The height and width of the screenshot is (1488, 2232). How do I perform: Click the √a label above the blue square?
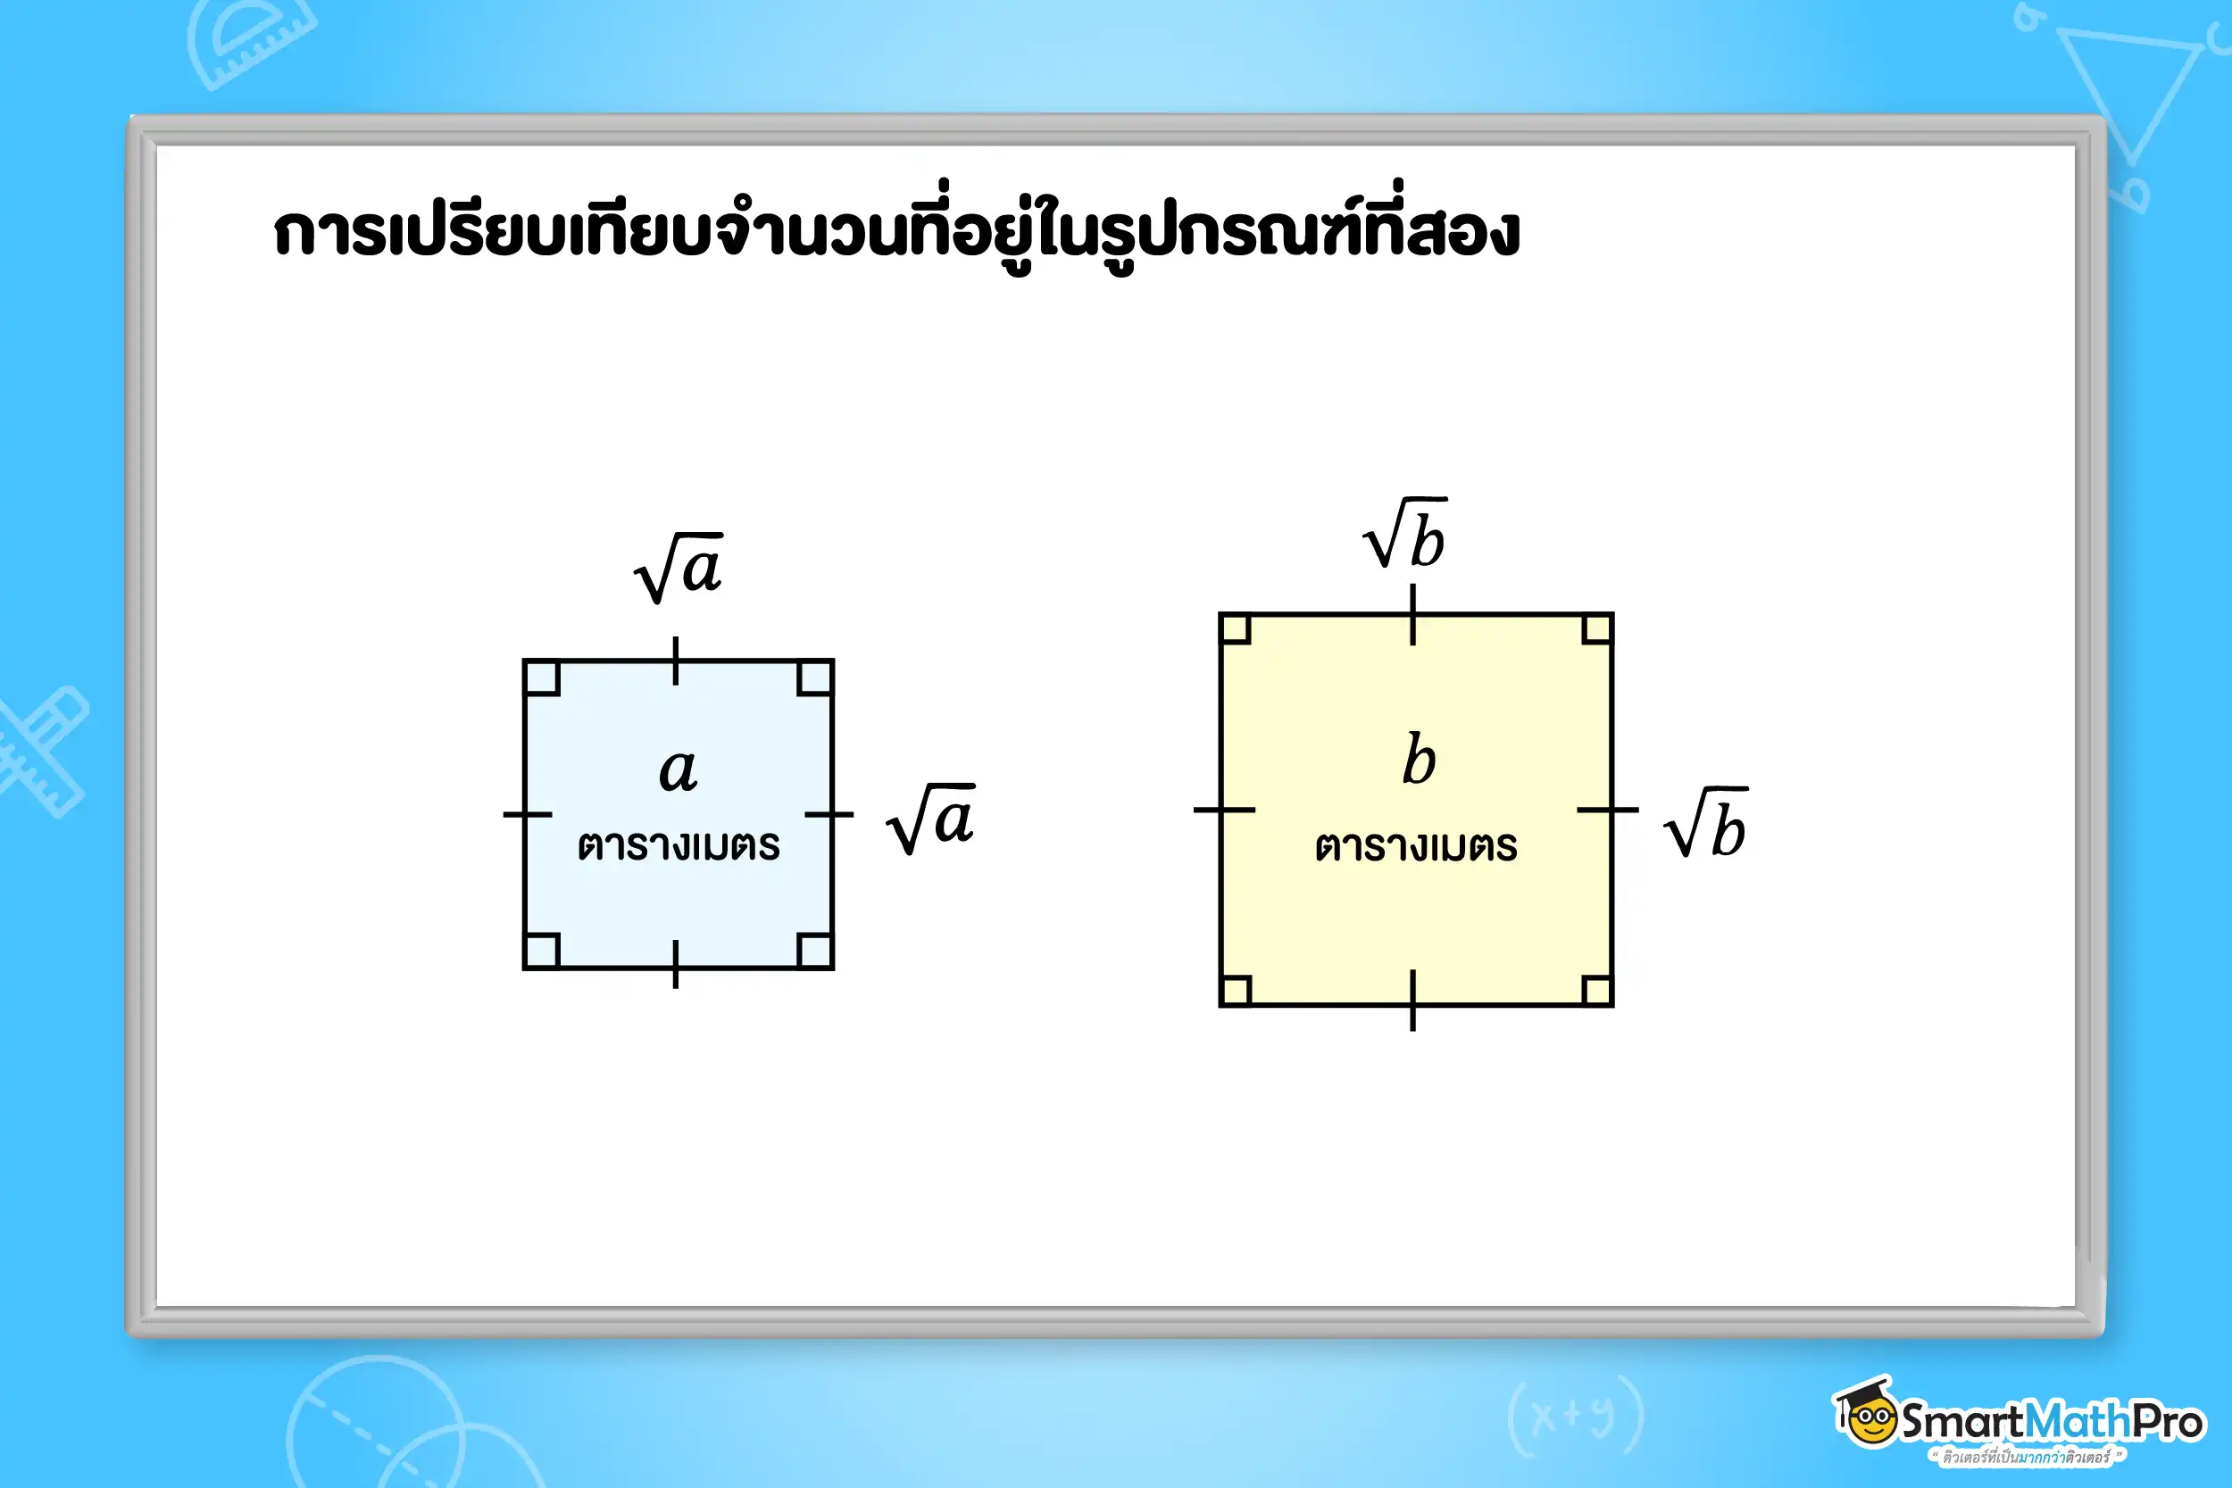tap(679, 569)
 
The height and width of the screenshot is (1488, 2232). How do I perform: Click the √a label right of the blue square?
tap(931, 819)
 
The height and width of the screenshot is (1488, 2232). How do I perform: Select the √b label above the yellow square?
tap(1405, 535)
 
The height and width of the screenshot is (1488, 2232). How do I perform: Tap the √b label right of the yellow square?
tap(1706, 824)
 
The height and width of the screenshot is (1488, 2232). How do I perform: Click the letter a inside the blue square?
tap(679, 769)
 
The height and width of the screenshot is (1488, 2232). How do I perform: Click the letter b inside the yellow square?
tap(1419, 761)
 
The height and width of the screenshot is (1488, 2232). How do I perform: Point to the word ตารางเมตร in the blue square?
tap(679, 845)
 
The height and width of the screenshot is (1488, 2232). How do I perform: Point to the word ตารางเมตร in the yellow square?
tap(1416, 846)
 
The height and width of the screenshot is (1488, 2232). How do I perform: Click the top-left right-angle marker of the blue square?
tap(542, 678)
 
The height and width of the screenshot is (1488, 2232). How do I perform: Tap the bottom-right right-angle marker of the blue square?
tap(814, 950)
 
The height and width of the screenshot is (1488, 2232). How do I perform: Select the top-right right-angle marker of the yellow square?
tap(1596, 629)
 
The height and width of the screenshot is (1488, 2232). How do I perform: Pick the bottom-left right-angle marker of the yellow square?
tap(1236, 990)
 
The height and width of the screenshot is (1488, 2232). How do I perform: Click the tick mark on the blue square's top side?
tap(676, 661)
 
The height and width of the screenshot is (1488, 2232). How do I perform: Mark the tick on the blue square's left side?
tap(527, 814)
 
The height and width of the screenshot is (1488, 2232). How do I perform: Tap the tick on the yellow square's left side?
tap(1223, 810)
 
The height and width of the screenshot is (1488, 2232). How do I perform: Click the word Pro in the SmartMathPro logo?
tap(2168, 1422)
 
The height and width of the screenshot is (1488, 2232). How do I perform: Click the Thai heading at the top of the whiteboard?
tap(895, 231)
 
